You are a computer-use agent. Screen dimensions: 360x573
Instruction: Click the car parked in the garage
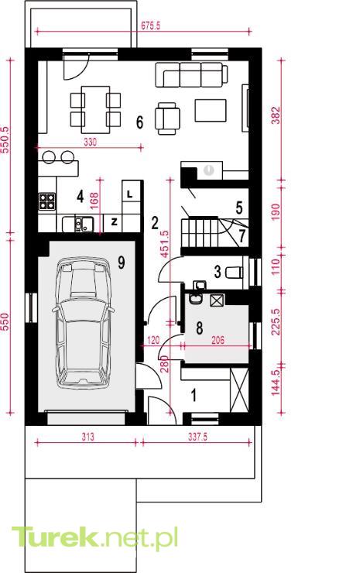pos(83,323)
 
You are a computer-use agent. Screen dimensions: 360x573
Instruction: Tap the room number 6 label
pos(139,122)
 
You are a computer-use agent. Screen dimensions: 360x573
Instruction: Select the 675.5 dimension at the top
pos(150,26)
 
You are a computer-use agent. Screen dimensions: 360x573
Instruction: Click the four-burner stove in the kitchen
pos(47,201)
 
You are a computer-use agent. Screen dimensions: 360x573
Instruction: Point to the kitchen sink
pos(78,224)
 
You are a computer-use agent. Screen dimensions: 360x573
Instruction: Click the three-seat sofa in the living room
pos(191,75)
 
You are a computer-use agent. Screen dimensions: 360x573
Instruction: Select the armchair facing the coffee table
pos(167,118)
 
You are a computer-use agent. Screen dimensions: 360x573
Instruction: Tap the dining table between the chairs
pos(95,110)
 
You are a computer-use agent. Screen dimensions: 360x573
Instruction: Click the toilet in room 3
pos(235,273)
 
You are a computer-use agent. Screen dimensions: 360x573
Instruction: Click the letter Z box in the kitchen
pos(113,222)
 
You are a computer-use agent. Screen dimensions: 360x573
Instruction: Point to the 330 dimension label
pos(91,142)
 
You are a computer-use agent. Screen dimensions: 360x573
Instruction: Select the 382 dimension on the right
pos(276,115)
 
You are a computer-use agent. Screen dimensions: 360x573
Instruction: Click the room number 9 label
pos(122,262)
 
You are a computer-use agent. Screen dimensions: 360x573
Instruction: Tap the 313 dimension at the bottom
pos(87,437)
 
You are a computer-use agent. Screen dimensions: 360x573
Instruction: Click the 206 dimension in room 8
pos(218,340)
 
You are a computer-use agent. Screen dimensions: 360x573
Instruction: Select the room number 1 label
pos(194,395)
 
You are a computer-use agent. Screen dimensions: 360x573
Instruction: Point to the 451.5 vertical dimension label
pos(164,244)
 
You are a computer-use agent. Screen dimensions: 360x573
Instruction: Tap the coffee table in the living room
pos(210,110)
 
